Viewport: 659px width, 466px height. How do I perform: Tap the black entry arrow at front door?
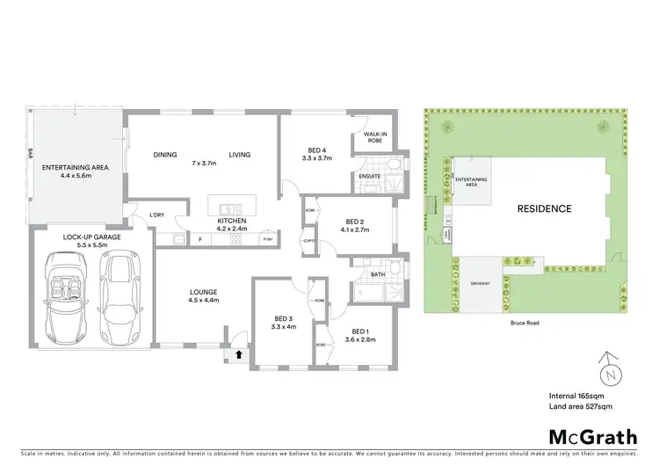coord(237,354)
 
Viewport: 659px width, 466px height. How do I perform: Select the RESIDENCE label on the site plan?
coord(544,208)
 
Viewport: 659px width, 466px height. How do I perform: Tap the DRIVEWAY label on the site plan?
coord(477,284)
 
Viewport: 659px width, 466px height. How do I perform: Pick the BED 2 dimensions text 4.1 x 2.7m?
coord(354,229)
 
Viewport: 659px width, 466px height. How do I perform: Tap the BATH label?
coord(378,274)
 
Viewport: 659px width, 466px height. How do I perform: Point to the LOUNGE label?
coord(203,292)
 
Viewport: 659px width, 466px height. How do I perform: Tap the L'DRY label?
coord(157,215)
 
